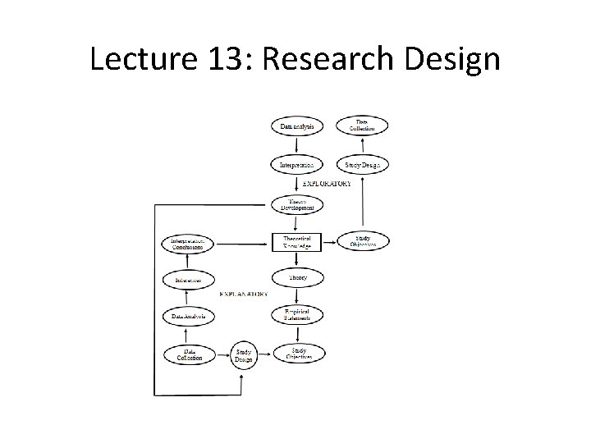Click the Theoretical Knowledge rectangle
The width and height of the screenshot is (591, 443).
pos(296,242)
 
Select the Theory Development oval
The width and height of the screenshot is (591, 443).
pos(296,205)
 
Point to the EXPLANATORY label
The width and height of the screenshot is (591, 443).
pos(244,293)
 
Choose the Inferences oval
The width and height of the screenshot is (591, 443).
pos(188,279)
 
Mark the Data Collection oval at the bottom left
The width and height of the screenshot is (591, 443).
pos(188,354)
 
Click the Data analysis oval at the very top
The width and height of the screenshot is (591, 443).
pos(296,126)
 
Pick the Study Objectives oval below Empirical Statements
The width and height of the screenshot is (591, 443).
pos(296,354)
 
